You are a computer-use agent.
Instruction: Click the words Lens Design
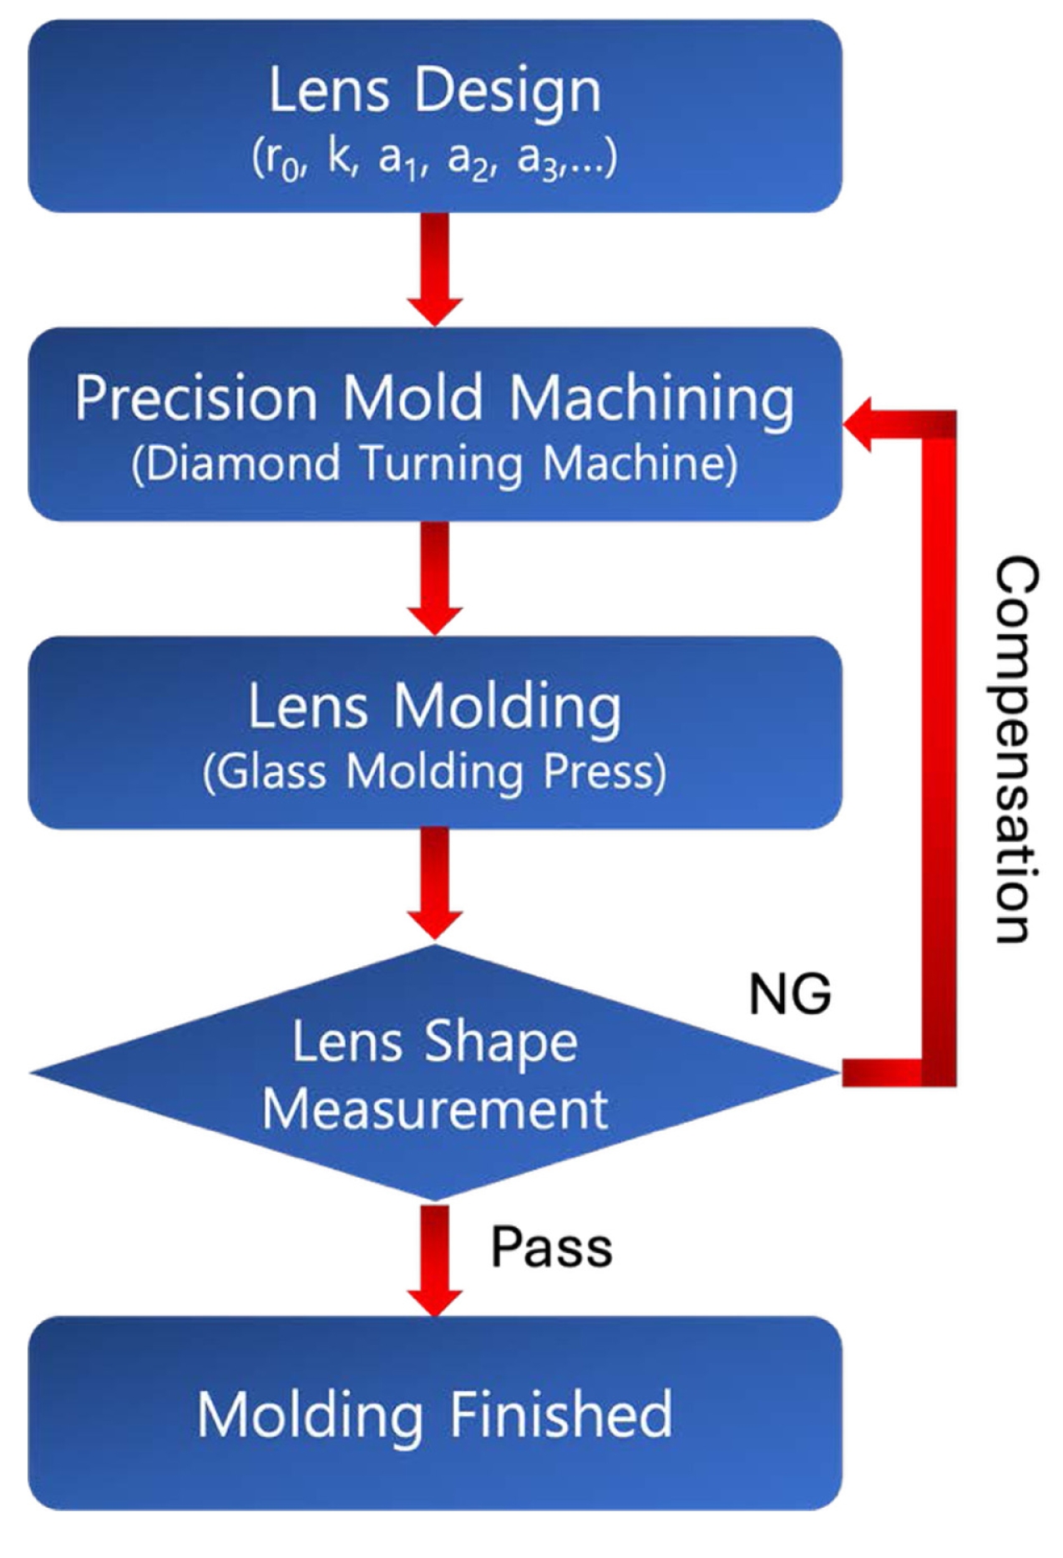coord(434,90)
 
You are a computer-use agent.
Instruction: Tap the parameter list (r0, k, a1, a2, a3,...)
coord(434,158)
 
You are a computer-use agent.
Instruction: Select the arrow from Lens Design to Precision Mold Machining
coord(435,268)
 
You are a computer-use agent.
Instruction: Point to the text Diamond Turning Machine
coord(434,464)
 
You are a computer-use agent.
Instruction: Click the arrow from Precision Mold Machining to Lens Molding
coord(435,577)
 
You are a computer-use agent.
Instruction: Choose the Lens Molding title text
coord(434,707)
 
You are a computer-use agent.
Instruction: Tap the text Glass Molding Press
coord(434,773)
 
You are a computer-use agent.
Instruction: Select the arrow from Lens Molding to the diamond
coord(435,884)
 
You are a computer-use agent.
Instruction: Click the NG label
coord(790,994)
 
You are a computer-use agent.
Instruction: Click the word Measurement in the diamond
coord(435,1109)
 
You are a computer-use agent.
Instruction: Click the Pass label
coord(551,1248)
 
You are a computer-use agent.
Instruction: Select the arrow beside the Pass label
coord(435,1260)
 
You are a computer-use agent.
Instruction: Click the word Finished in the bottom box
coord(561,1414)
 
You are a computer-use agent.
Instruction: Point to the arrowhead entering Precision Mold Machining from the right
coord(858,424)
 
